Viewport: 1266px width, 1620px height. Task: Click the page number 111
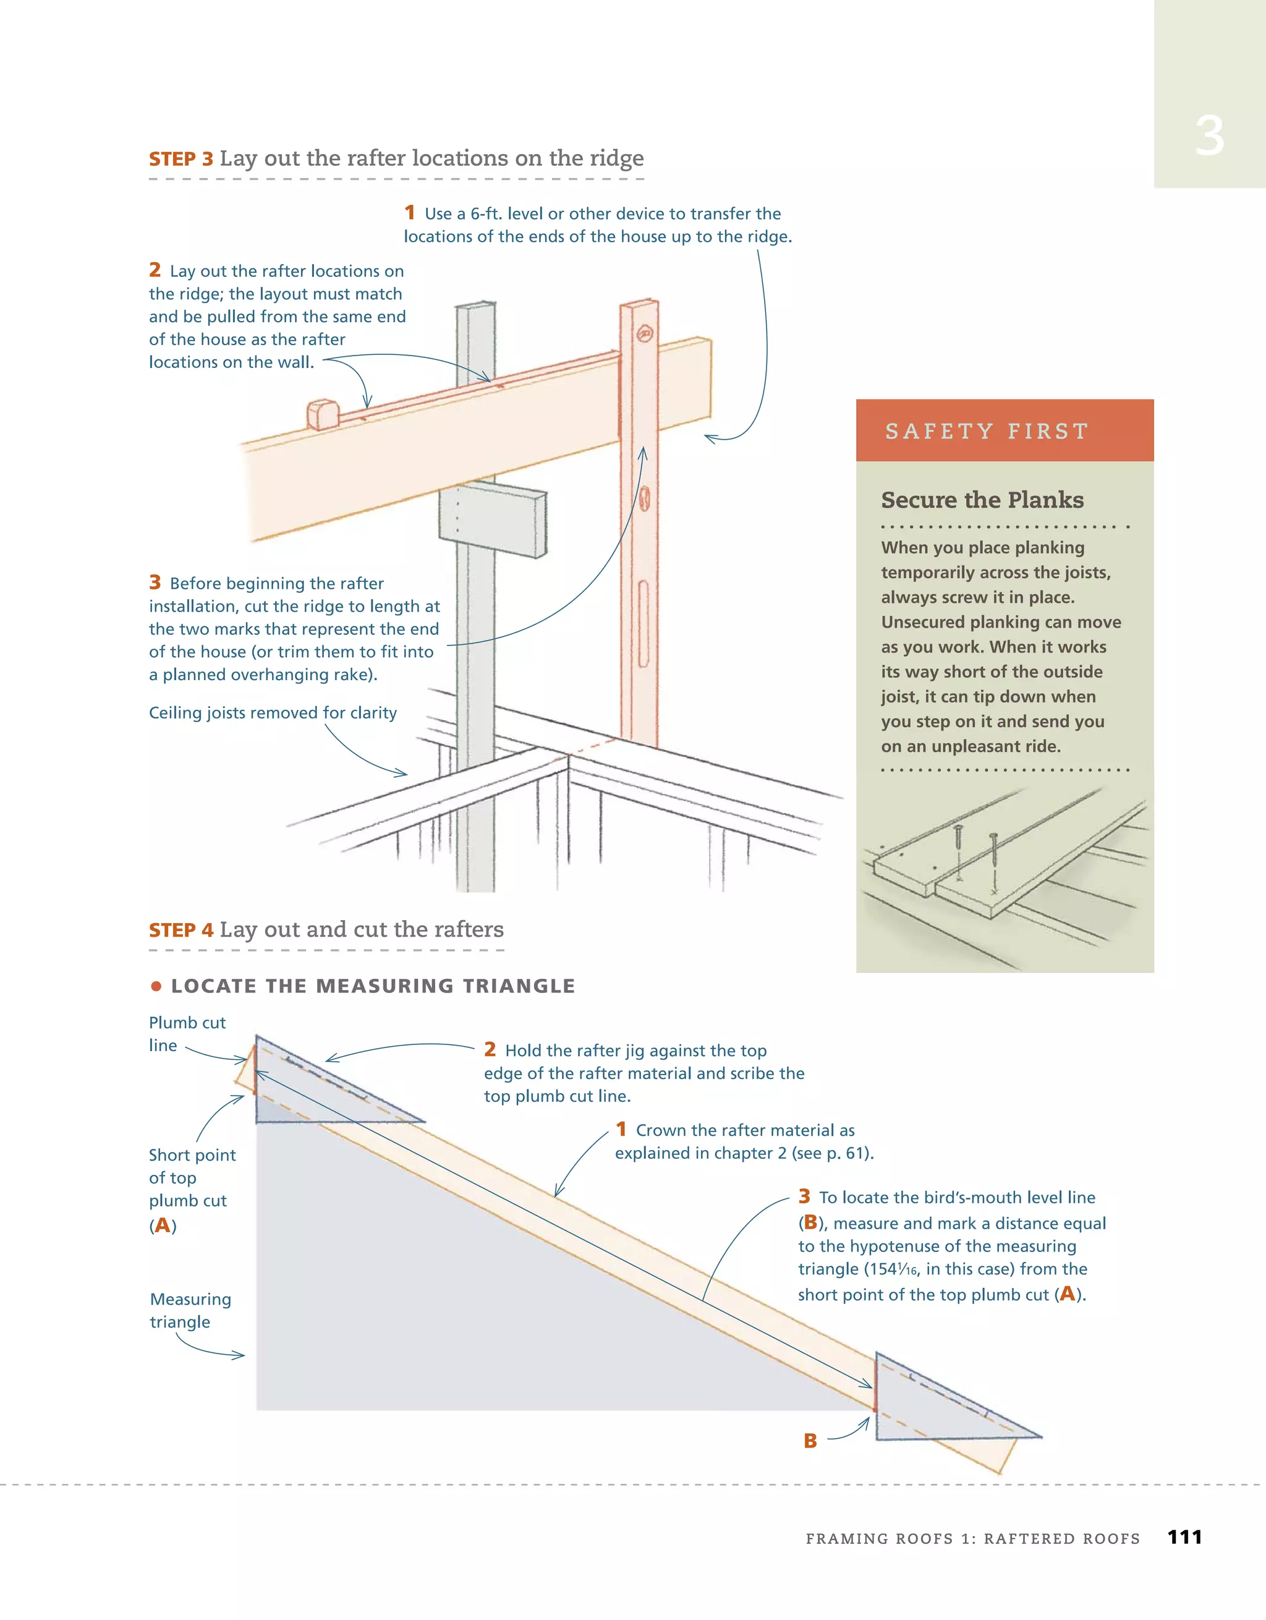click(1184, 1537)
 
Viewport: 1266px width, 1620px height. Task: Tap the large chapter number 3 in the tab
click(1209, 137)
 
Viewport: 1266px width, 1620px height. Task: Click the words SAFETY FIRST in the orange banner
click(987, 431)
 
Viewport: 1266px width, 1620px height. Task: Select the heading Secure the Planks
click(982, 500)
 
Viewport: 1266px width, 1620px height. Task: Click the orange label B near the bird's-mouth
click(810, 1441)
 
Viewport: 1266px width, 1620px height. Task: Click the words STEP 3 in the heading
click(181, 159)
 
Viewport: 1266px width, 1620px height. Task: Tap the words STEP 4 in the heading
click(181, 930)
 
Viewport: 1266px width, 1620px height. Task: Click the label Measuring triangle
click(190, 1310)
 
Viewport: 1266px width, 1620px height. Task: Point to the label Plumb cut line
click(186, 1033)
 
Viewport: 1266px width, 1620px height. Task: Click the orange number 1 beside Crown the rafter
click(621, 1129)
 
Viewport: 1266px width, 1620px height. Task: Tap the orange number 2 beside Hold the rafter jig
click(490, 1049)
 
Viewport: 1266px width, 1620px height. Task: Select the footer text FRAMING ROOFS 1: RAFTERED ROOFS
click(972, 1538)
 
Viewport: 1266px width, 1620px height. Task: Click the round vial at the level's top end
click(645, 334)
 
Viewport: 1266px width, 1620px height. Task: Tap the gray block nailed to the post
click(494, 519)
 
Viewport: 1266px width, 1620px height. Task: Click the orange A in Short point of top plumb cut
click(163, 1225)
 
